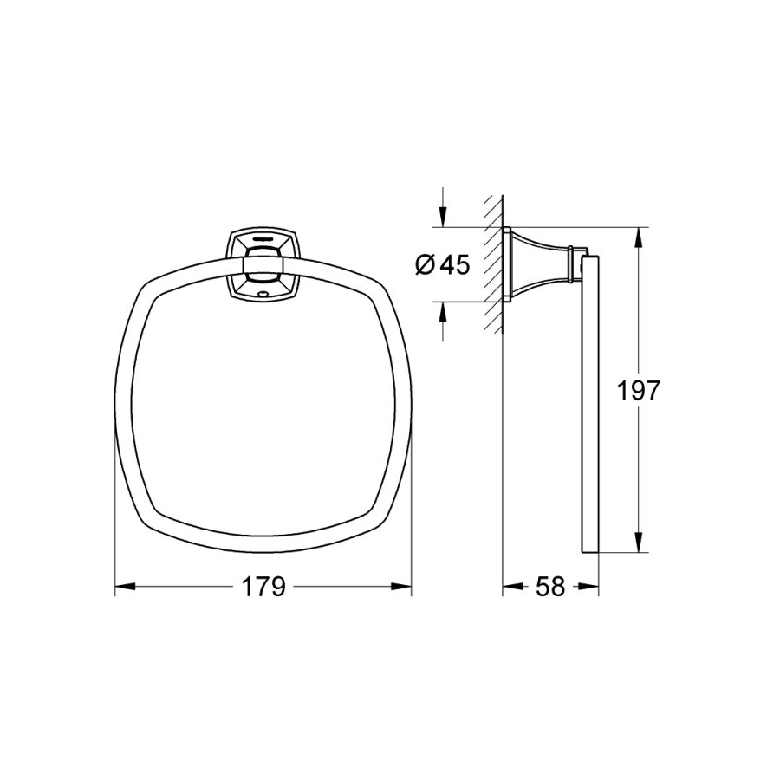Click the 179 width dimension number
point(263,587)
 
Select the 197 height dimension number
point(638,390)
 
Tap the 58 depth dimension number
point(550,587)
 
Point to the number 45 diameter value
point(455,265)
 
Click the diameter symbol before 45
point(425,265)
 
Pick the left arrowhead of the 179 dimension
point(125,587)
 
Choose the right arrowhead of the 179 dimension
point(401,587)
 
